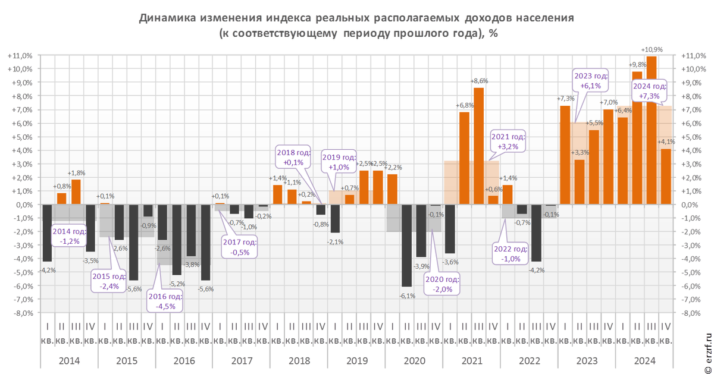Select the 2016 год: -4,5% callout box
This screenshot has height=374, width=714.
(x=165, y=302)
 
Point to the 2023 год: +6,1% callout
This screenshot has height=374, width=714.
(x=591, y=80)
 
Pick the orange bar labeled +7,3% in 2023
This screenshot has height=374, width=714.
(x=565, y=155)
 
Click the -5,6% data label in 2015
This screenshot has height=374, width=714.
(x=133, y=289)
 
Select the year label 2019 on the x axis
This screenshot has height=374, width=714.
(x=356, y=361)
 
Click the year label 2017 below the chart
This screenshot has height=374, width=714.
(x=242, y=361)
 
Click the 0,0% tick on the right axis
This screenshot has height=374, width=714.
(x=688, y=205)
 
